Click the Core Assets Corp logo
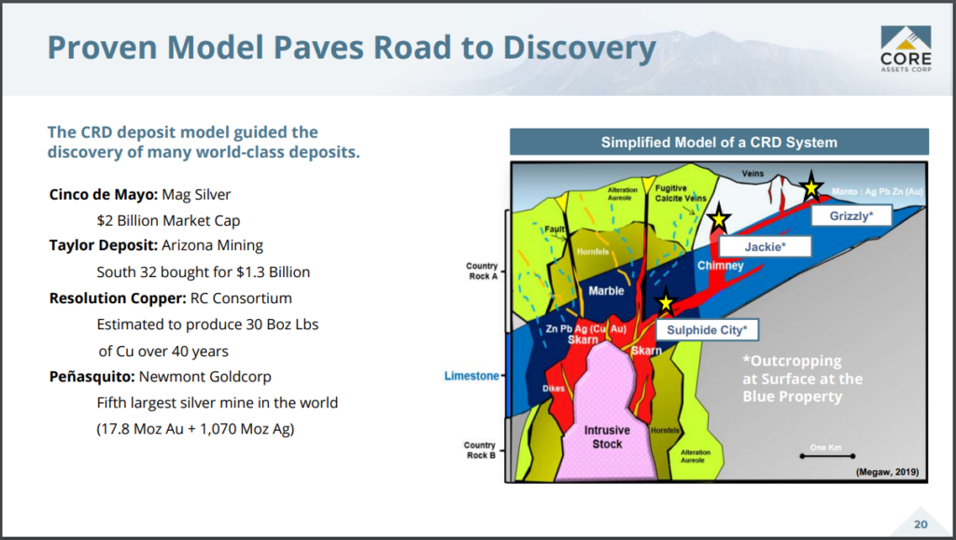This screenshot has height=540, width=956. point(906,48)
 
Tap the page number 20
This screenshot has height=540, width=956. point(921,524)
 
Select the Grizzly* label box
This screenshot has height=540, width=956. point(851,215)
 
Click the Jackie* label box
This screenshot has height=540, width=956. point(766,246)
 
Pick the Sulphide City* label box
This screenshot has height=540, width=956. point(707,330)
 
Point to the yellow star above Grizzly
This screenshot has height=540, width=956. point(811,187)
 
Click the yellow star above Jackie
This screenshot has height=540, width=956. point(719,218)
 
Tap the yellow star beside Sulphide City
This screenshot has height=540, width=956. point(667,302)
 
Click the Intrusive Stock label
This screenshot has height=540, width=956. point(607,437)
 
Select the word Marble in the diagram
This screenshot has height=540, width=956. point(606,291)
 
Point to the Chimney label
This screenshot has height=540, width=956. point(720,266)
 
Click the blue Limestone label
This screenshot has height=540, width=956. point(471,376)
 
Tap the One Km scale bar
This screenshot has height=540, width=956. point(827,455)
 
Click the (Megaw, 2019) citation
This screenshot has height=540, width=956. point(887,472)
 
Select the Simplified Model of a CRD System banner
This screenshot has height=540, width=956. point(720,142)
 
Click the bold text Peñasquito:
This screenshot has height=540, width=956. point(92,377)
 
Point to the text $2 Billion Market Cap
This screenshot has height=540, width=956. point(168,220)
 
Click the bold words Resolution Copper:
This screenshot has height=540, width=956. point(118,298)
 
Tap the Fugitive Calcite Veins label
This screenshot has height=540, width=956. point(681,193)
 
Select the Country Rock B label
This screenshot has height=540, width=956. point(481,450)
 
